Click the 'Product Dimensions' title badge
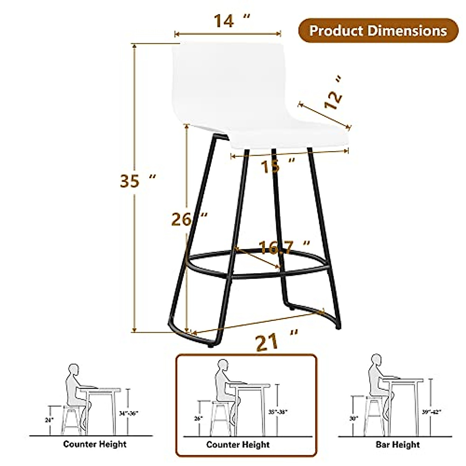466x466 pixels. [378, 30]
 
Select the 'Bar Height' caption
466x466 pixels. [397, 444]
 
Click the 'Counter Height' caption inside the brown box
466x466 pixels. [238, 444]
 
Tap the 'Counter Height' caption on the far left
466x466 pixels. [95, 443]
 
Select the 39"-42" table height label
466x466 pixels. [432, 412]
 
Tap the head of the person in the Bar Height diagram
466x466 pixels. [376, 360]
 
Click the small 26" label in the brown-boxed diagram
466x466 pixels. [198, 418]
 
